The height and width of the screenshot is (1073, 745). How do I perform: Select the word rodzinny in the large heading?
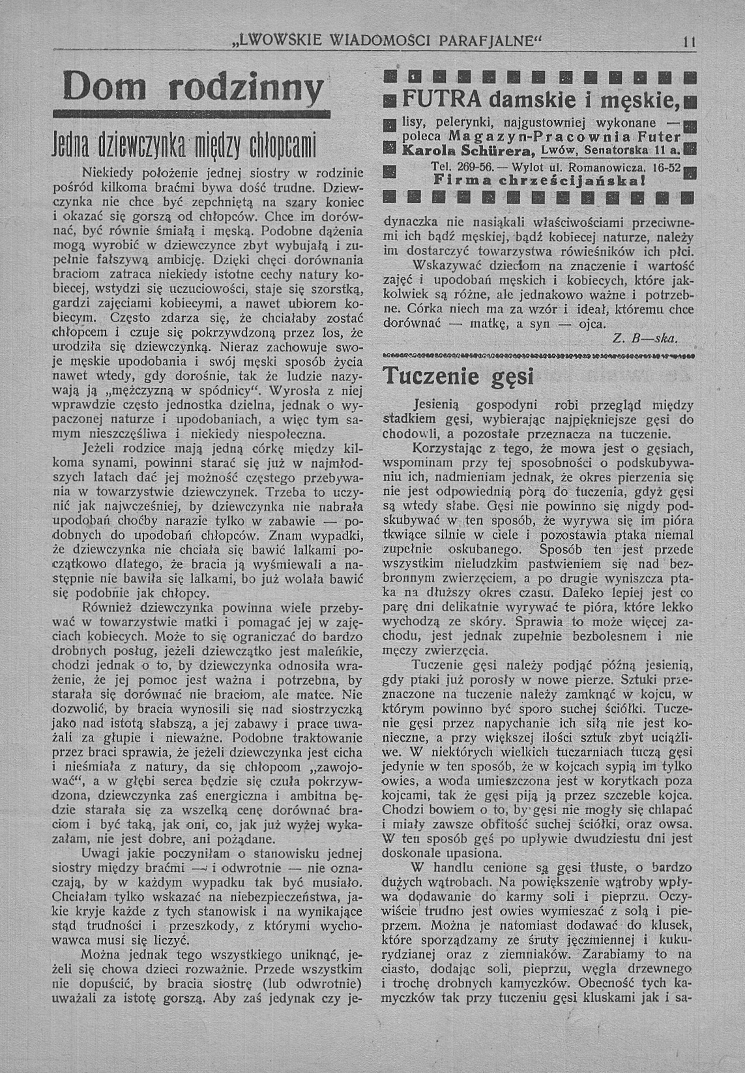(x=246, y=87)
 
